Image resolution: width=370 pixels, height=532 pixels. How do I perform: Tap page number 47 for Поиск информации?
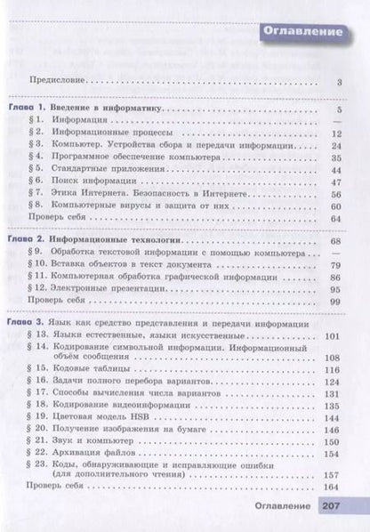(x=335, y=179)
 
